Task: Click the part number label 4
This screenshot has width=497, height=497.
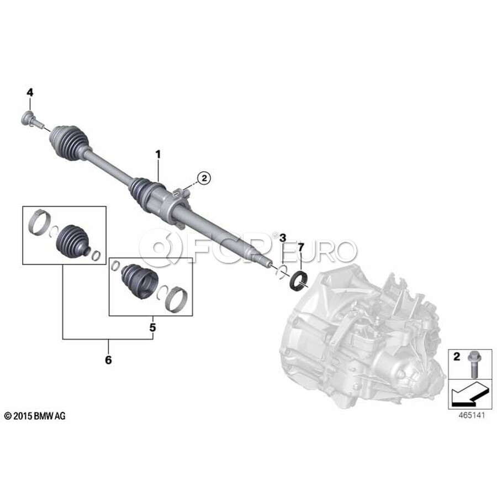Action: click(30, 93)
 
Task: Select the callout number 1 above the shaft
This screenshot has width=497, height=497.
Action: click(158, 155)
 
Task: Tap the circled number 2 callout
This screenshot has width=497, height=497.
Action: click(204, 178)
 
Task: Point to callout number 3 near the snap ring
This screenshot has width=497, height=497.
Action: click(283, 237)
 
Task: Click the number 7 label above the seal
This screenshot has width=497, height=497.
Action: click(301, 247)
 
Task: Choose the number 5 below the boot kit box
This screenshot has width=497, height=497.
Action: click(153, 327)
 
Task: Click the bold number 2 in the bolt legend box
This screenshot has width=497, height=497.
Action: click(457, 357)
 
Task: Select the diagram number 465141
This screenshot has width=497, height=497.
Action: click(472, 415)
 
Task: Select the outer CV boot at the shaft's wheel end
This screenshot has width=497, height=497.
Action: click(70, 142)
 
